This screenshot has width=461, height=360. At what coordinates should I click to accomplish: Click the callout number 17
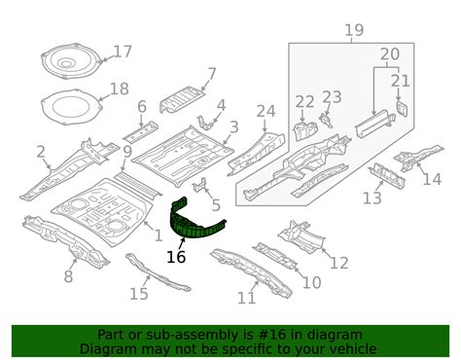click(123, 51)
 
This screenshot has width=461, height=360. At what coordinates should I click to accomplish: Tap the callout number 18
click(119, 89)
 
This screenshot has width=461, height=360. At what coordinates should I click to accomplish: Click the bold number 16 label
click(176, 257)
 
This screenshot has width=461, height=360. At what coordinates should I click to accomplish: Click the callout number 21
click(401, 80)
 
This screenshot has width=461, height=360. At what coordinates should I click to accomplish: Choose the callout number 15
click(139, 294)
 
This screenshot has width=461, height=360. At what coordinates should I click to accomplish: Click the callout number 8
click(68, 276)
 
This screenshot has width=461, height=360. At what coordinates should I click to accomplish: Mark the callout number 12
click(337, 262)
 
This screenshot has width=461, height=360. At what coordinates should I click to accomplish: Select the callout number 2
click(41, 151)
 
